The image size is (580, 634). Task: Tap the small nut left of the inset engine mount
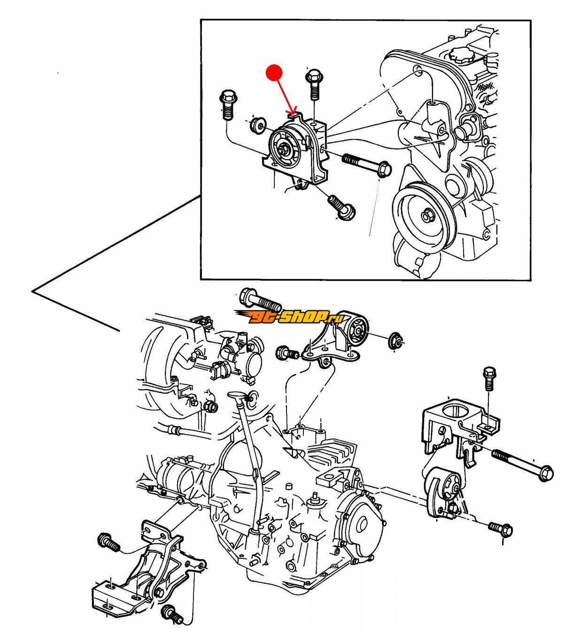tap(257, 125)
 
